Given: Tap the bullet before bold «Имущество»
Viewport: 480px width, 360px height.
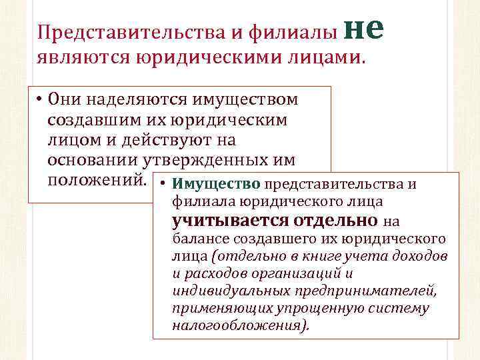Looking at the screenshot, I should (164, 184).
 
